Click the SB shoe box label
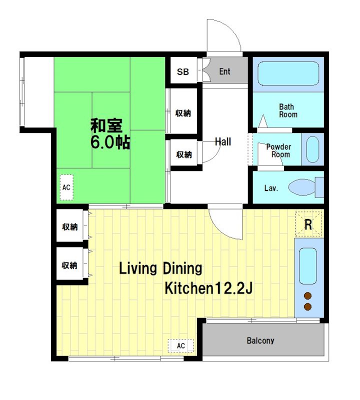[183, 71]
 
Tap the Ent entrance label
[224, 71]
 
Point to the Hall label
[223, 141]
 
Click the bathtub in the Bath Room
[288, 73]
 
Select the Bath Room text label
[288, 110]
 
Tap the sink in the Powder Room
[312, 149]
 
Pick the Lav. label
[270, 188]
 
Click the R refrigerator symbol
[308, 224]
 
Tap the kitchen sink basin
[307, 266]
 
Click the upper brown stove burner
[308, 295]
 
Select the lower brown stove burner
[308, 306]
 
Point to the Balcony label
[260, 340]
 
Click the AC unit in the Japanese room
[66, 187]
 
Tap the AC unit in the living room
[180, 345]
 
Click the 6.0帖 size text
[110, 142]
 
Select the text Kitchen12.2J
[208, 288]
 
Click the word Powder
[278, 146]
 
